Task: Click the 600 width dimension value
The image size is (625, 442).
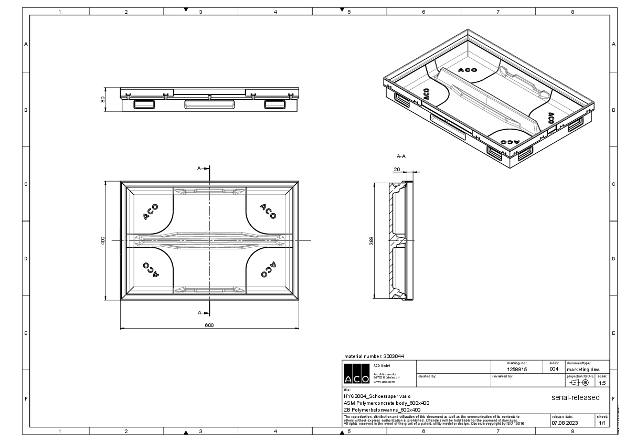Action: (x=209, y=325)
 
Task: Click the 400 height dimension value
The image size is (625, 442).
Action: (x=103, y=240)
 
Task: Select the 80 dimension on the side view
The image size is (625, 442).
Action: (x=103, y=99)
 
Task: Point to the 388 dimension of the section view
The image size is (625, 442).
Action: (x=372, y=240)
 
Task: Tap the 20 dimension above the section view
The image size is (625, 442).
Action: (x=396, y=169)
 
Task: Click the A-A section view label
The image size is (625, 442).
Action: (x=401, y=156)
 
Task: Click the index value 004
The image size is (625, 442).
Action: (x=554, y=369)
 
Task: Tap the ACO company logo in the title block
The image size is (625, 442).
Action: (x=356, y=374)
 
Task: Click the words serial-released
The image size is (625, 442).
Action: (x=575, y=397)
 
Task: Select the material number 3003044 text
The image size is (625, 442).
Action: (x=374, y=356)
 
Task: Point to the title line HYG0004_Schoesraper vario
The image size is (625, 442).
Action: (x=374, y=396)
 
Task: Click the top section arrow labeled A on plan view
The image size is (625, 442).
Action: (x=203, y=169)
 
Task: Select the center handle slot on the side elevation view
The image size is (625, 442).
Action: (x=209, y=104)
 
